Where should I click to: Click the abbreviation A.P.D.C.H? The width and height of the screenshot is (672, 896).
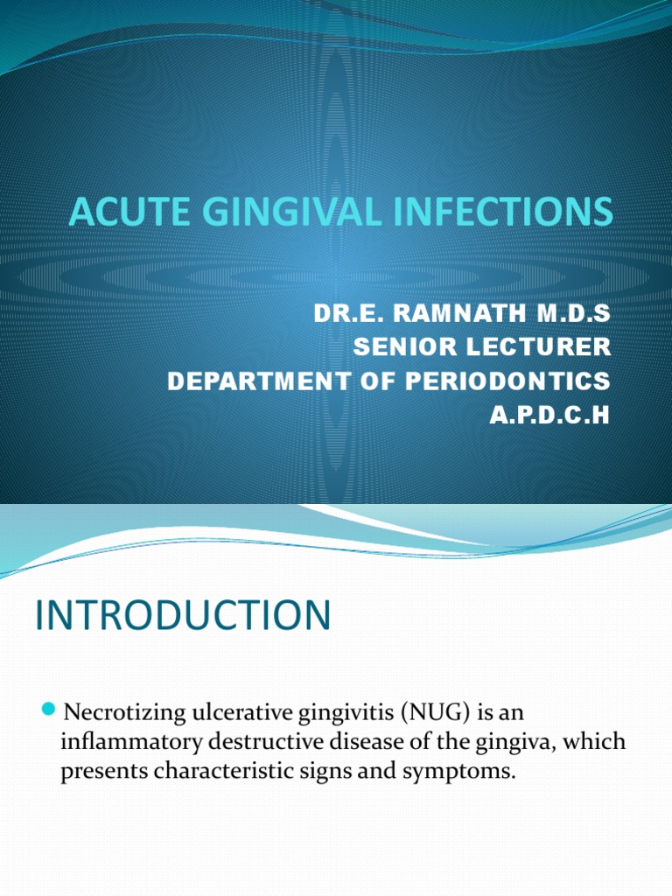coord(548,414)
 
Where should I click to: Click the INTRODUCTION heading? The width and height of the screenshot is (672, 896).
coord(183,615)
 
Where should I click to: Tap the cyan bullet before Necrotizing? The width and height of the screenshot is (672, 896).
coord(49,706)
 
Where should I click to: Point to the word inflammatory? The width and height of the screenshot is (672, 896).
coord(129,741)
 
